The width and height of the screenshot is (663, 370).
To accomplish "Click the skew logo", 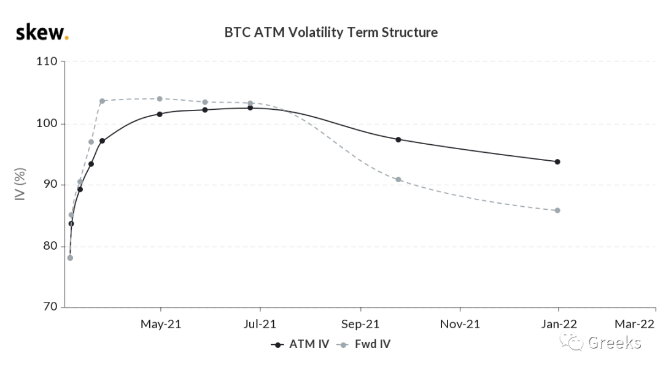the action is point(42,32).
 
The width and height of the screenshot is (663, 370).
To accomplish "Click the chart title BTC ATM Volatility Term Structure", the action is point(331,32).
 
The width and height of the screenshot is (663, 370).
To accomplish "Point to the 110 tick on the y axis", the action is point(47,61).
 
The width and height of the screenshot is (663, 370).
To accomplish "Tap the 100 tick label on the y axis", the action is point(47,123).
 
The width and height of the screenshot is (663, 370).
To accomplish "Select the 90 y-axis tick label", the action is point(50,184).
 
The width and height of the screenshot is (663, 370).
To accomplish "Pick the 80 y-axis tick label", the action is point(50,245).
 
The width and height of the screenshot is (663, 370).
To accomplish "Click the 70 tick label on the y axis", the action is point(50,307).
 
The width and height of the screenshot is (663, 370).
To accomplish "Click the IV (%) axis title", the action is point(20,184).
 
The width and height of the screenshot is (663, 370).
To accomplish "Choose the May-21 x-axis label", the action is point(161,325).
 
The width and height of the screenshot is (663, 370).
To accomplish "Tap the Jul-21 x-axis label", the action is point(260,325).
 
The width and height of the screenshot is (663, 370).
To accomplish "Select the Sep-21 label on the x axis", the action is point(360,325).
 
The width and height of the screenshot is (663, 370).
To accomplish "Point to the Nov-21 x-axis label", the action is point(460,325).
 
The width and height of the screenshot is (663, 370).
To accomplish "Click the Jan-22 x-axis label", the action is point(559,325).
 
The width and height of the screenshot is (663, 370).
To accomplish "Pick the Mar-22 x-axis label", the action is point(634,325).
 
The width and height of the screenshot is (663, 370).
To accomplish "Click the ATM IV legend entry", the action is point(300,344).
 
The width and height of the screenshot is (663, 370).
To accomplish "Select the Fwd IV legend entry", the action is point(363,344).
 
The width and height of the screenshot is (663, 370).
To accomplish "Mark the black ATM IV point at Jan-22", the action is point(557,161).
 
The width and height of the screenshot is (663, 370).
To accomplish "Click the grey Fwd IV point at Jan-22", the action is point(557,210).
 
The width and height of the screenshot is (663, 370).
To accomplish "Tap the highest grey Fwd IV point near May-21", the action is point(160,99).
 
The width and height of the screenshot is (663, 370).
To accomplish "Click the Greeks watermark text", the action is point(615,342).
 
